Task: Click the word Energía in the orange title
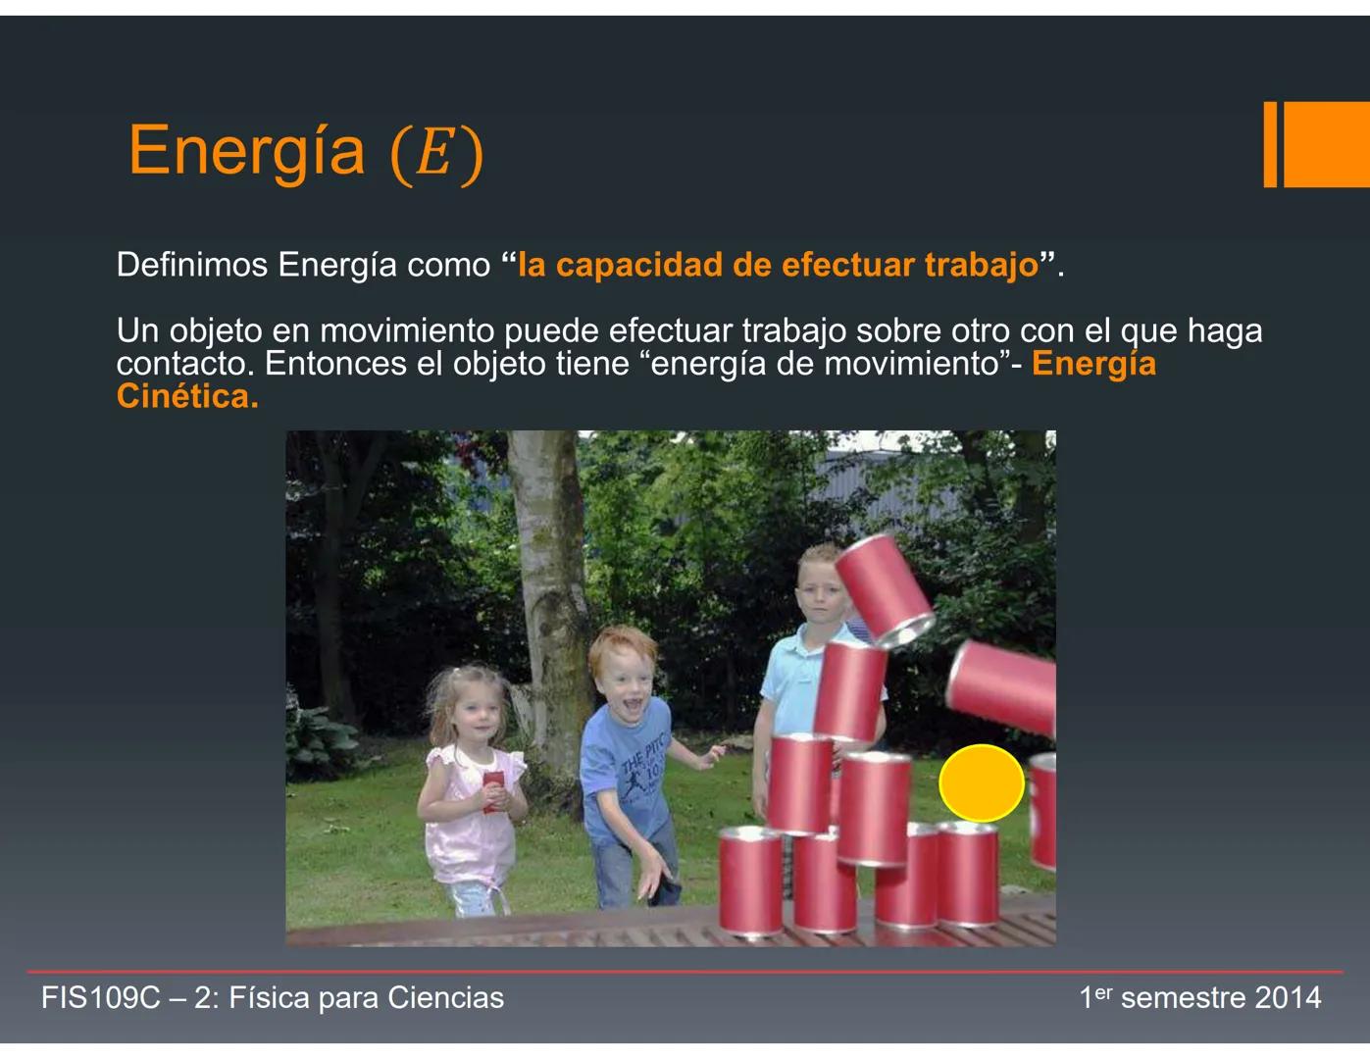coord(246,151)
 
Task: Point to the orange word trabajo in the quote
coord(981,265)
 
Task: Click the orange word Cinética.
coord(186,396)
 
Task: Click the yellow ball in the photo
coord(981,782)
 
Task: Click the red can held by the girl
coord(493,788)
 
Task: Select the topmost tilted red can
coord(884,588)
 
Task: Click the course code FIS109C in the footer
coord(99,998)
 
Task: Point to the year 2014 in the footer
coord(1288,998)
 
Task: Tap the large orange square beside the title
coord(1326,144)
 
